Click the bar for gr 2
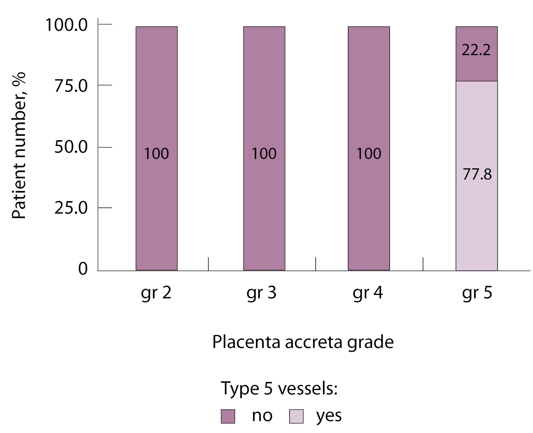click(x=156, y=116)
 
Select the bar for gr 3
click(x=264, y=116)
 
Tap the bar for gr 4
click(x=369, y=116)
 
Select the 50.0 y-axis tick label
click(x=71, y=147)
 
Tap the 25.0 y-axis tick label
click(x=71, y=208)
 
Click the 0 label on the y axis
click(x=83, y=269)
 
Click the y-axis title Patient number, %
click(x=19, y=145)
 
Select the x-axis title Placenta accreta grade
click(x=303, y=342)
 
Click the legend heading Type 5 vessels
click(x=279, y=388)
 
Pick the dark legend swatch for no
click(x=228, y=416)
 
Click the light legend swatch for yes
click(x=296, y=416)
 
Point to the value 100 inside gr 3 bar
click(x=264, y=154)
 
